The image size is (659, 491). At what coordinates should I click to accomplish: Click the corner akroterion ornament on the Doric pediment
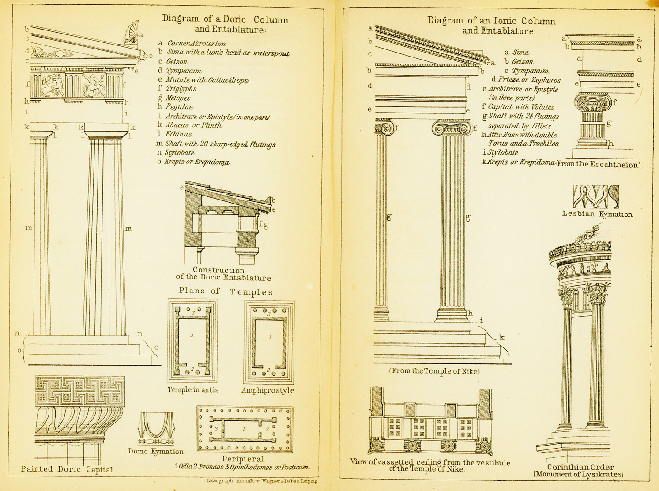click(x=131, y=32)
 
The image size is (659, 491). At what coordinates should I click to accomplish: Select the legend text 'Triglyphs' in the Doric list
click(x=181, y=89)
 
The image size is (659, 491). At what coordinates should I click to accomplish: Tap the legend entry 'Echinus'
click(x=179, y=134)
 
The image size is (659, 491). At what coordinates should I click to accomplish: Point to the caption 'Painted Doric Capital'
click(x=67, y=469)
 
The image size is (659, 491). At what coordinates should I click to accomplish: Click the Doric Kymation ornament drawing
click(x=156, y=428)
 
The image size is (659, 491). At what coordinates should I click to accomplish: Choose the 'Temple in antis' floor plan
click(x=192, y=341)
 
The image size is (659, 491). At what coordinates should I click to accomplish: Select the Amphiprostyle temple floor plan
click(x=269, y=342)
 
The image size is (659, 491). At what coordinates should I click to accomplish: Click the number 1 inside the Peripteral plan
click(x=244, y=429)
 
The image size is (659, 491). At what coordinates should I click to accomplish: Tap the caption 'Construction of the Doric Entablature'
click(x=223, y=274)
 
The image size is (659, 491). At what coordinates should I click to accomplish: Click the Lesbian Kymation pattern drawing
click(x=596, y=196)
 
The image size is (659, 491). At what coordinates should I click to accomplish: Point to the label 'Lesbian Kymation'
click(x=597, y=214)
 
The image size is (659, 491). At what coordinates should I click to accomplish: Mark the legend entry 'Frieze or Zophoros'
click(x=529, y=79)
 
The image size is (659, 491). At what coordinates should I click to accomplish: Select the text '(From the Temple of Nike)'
click(x=434, y=371)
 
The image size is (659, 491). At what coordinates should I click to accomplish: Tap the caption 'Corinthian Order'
click(x=580, y=467)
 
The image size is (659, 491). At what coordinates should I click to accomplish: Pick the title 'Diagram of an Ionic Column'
click(x=491, y=20)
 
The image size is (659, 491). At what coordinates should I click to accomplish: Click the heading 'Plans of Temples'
click(x=227, y=291)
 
